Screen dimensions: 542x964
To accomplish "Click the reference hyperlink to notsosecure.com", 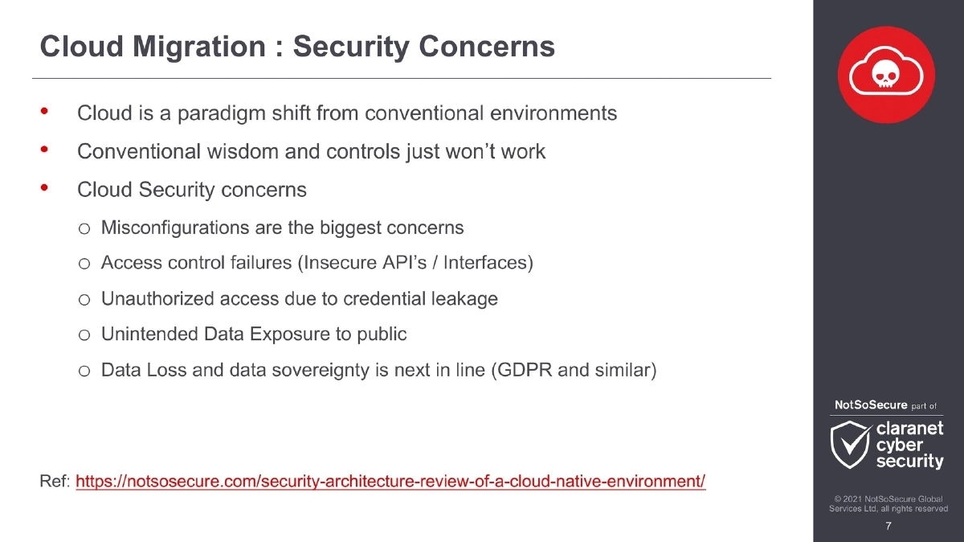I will [390, 482].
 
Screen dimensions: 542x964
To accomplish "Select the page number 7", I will [888, 527].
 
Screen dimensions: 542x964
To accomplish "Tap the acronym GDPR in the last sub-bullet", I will [529, 371].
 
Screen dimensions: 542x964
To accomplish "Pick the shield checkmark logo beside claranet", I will [850, 445].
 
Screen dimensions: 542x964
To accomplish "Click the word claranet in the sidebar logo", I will [909, 429].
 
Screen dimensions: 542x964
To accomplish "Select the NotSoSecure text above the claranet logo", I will [870, 405].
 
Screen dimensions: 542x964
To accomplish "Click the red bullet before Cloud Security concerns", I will [45, 188].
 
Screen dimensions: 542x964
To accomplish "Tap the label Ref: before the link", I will [55, 482].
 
